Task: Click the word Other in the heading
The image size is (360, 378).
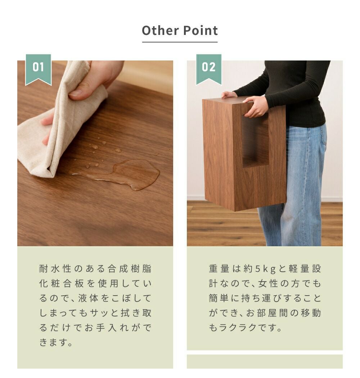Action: click(160, 31)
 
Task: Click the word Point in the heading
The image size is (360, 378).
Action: click(201, 31)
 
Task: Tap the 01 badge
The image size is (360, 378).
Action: click(38, 69)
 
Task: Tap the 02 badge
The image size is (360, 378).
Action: click(209, 69)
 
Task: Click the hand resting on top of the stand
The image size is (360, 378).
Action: click(229, 94)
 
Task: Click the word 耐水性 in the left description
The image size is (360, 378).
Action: click(55, 269)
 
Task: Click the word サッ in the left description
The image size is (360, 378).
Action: click(99, 313)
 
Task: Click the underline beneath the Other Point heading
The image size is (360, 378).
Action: click(180, 42)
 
